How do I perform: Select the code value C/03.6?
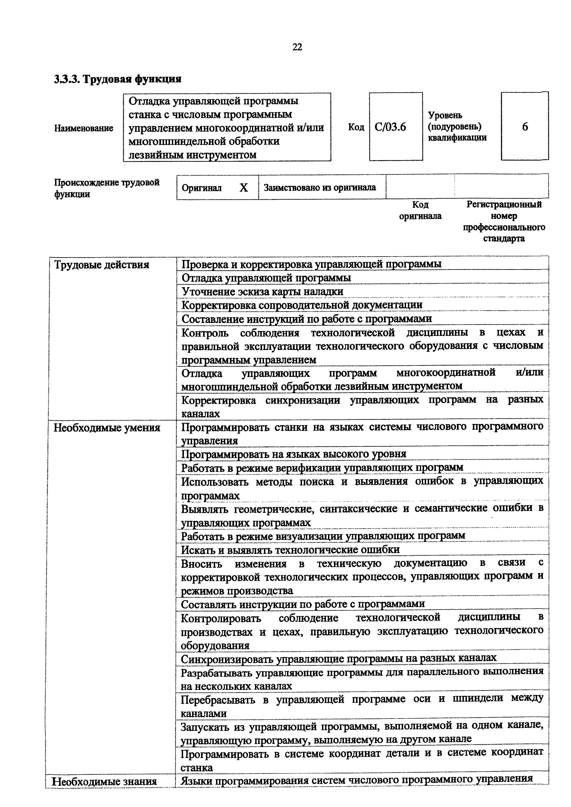390,127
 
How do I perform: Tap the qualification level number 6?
525,127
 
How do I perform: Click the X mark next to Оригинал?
243,188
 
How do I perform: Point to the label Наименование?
84,128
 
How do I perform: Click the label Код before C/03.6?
356,127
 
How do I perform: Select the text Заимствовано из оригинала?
319,188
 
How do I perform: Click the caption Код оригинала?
420,210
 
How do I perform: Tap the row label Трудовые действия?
102,264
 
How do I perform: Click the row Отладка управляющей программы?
266,278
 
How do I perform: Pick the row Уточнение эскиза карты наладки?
262,291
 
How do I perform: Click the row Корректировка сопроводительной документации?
302,305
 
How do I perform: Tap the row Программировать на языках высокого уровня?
294,454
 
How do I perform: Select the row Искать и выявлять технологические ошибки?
290,549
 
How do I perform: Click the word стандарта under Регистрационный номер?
504,239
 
